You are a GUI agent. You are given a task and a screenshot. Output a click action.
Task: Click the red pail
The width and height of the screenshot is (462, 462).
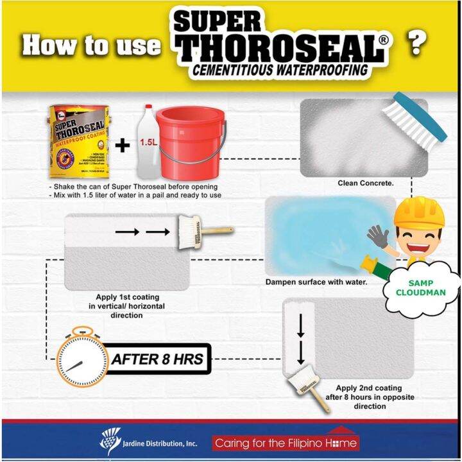pos(191,144)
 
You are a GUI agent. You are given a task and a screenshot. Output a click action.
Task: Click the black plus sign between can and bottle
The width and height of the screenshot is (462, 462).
pos(122,145)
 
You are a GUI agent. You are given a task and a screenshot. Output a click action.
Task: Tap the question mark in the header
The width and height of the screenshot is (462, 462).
pos(418,44)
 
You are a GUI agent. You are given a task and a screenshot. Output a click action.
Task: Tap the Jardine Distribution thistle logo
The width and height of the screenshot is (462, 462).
pos(111,441)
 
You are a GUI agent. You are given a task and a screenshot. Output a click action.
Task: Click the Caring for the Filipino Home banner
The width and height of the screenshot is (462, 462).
pos(286,442)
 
